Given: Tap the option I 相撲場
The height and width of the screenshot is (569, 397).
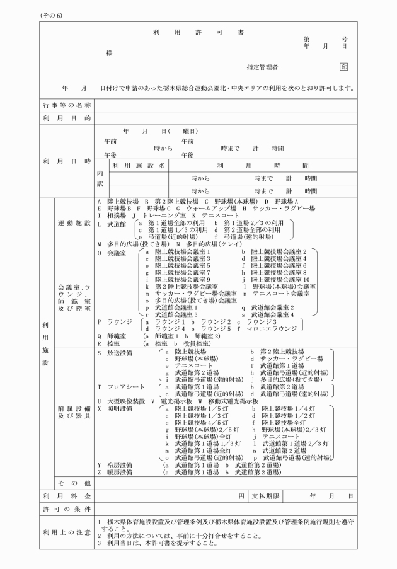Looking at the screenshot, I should click(x=111, y=215).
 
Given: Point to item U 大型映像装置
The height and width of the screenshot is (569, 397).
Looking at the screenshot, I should click(x=122, y=401).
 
